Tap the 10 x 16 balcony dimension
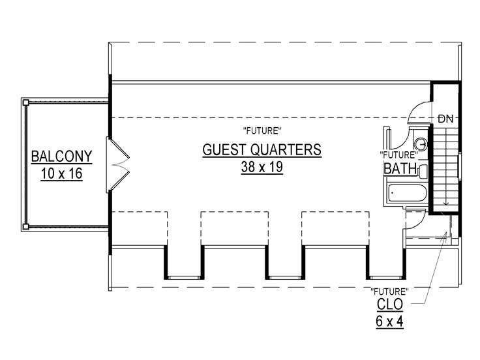pyautogui.click(x=61, y=174)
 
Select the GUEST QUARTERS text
pyautogui.click(x=262, y=149)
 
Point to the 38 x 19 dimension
pyautogui.click(x=262, y=166)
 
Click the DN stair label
pyautogui.click(x=446, y=119)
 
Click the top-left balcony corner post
pyautogui.click(x=26, y=102)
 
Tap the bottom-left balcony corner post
pyautogui.click(x=26, y=227)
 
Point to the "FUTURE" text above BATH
pyautogui.click(x=398, y=155)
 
